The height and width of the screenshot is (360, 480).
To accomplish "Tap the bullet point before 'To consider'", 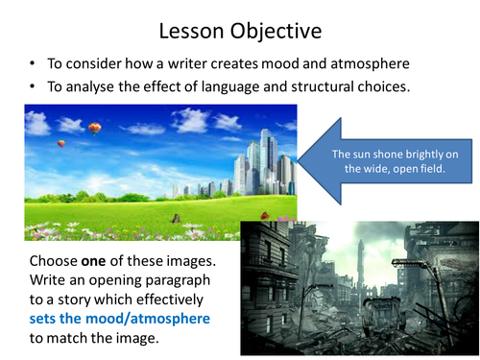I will point(35,63).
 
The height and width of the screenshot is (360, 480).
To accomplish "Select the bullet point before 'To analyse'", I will point(35,87).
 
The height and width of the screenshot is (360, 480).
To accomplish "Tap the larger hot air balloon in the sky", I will point(94,128).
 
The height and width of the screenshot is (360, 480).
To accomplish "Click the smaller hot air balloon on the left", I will point(62,144).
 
